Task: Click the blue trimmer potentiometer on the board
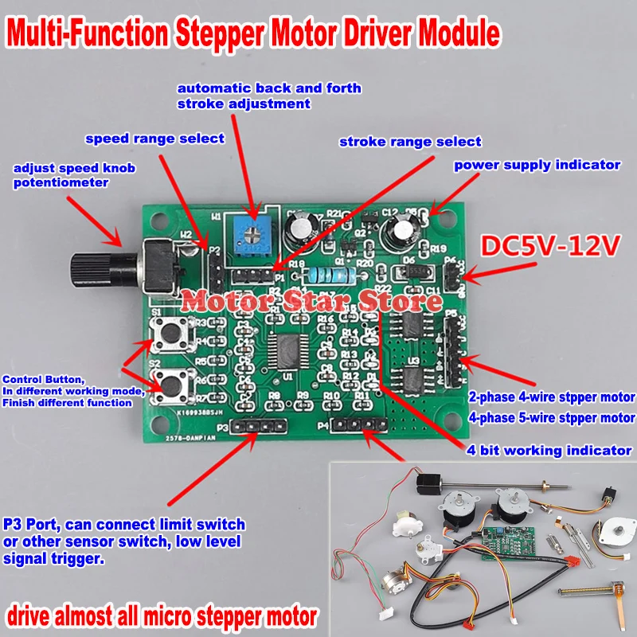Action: pyautogui.click(x=254, y=233)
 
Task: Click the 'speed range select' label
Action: pyautogui.click(x=155, y=139)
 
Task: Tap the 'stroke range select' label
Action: pyautogui.click(x=410, y=142)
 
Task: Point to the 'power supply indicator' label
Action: pyautogui.click(x=537, y=165)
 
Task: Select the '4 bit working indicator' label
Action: pyautogui.click(x=549, y=450)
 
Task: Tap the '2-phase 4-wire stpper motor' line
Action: pyautogui.click(x=552, y=397)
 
